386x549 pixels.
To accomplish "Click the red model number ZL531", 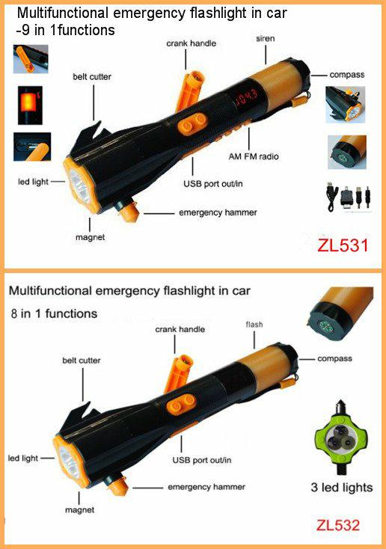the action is (343, 245).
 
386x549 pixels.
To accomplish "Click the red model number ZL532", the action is (338, 525).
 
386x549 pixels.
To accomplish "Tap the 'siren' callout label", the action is (265, 38).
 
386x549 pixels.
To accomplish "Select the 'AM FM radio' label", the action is (254, 156).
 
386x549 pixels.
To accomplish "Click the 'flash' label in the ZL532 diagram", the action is (254, 325).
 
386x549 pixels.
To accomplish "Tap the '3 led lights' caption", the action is (342, 488).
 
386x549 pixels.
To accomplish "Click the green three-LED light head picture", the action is (340, 438).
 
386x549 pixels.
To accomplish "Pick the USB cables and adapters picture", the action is (348, 197).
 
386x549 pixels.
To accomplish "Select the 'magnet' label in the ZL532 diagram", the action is (79, 510).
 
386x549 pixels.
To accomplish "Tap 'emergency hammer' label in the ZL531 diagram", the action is (218, 212).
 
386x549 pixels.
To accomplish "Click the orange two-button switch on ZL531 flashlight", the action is (192, 123).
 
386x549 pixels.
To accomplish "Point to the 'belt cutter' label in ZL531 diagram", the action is (92, 77).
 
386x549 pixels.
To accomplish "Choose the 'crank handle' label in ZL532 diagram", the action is (180, 329).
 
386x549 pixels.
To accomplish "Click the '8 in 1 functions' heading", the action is (54, 313).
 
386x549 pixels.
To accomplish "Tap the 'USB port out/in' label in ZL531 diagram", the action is (213, 184).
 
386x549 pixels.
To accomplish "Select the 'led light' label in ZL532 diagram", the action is (23, 458).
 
